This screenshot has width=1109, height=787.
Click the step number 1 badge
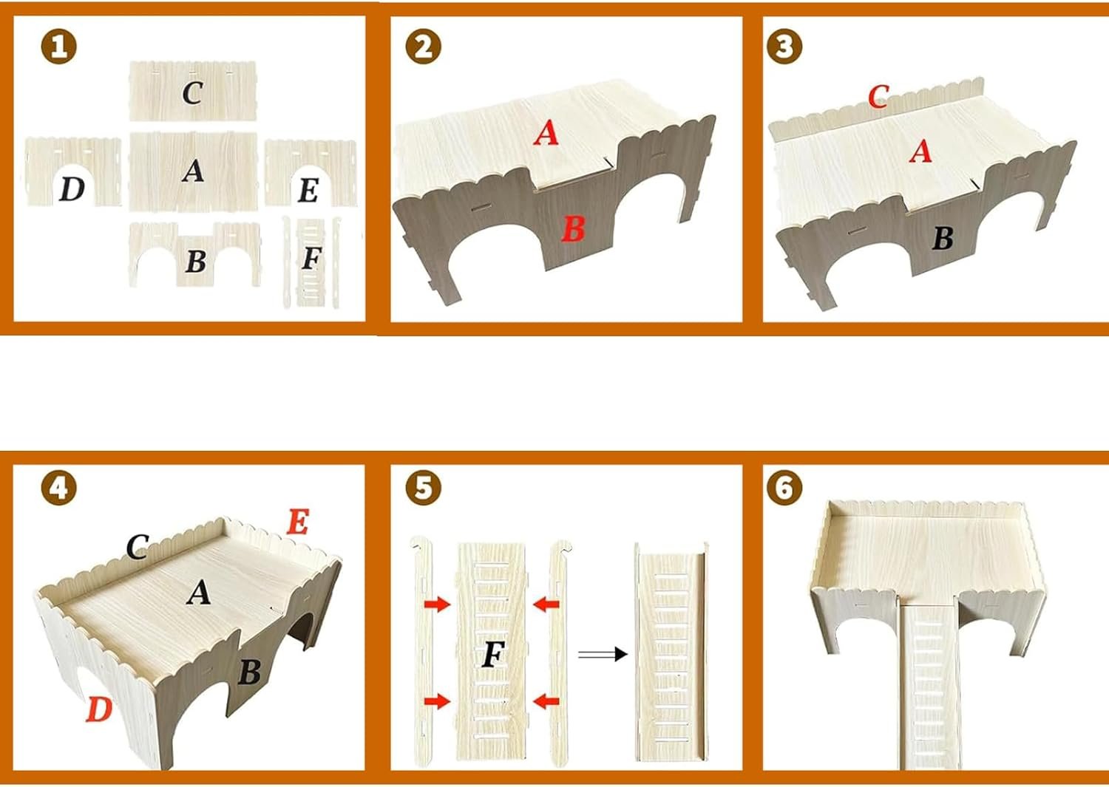(x=59, y=47)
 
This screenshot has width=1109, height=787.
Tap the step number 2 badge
(x=424, y=47)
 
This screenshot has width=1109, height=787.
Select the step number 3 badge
(x=784, y=47)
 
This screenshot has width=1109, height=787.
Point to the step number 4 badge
(x=59, y=488)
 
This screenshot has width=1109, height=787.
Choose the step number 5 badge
(x=424, y=488)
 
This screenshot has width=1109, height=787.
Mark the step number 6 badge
(x=784, y=488)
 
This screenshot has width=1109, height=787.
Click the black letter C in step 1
(x=192, y=92)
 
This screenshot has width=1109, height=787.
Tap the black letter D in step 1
(x=72, y=189)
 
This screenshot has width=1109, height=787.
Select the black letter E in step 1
(x=309, y=190)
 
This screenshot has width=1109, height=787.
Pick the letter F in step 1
(x=312, y=258)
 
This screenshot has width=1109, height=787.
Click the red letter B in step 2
(x=574, y=229)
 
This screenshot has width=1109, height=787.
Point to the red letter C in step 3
(x=878, y=97)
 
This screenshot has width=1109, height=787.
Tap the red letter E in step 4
(x=298, y=521)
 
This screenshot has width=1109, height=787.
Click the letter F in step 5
(x=493, y=654)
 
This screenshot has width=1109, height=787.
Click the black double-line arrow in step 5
(x=603, y=654)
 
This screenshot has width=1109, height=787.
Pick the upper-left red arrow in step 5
(x=437, y=604)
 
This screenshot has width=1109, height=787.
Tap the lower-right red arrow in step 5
(x=546, y=701)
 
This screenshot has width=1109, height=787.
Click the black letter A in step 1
(x=193, y=171)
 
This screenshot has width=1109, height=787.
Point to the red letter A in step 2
(x=546, y=133)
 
